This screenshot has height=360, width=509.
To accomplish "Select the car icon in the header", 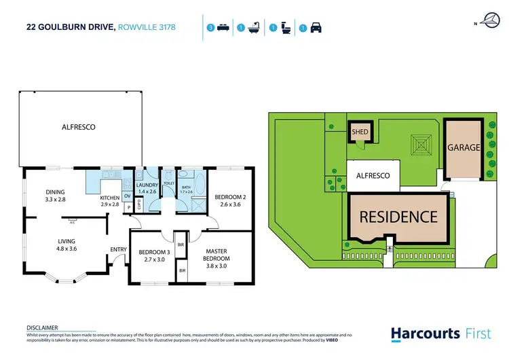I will [x=316, y=29].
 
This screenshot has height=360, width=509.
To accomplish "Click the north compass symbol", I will [x=491, y=20].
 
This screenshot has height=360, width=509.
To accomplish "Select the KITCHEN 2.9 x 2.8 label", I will [x=110, y=200].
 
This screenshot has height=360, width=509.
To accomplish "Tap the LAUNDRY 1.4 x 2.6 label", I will [x=147, y=189].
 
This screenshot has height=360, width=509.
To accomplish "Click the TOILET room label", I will [x=169, y=183].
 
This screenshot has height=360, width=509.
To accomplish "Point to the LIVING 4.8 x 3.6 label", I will [x=67, y=245].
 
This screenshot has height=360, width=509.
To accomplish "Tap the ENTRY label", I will [x=119, y=249].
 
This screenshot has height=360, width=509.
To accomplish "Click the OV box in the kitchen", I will [x=127, y=196].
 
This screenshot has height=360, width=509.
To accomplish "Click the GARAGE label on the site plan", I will [x=464, y=147].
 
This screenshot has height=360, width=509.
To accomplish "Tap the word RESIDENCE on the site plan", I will [x=398, y=217].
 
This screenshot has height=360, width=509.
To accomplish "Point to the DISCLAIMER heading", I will [x=42, y=327].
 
